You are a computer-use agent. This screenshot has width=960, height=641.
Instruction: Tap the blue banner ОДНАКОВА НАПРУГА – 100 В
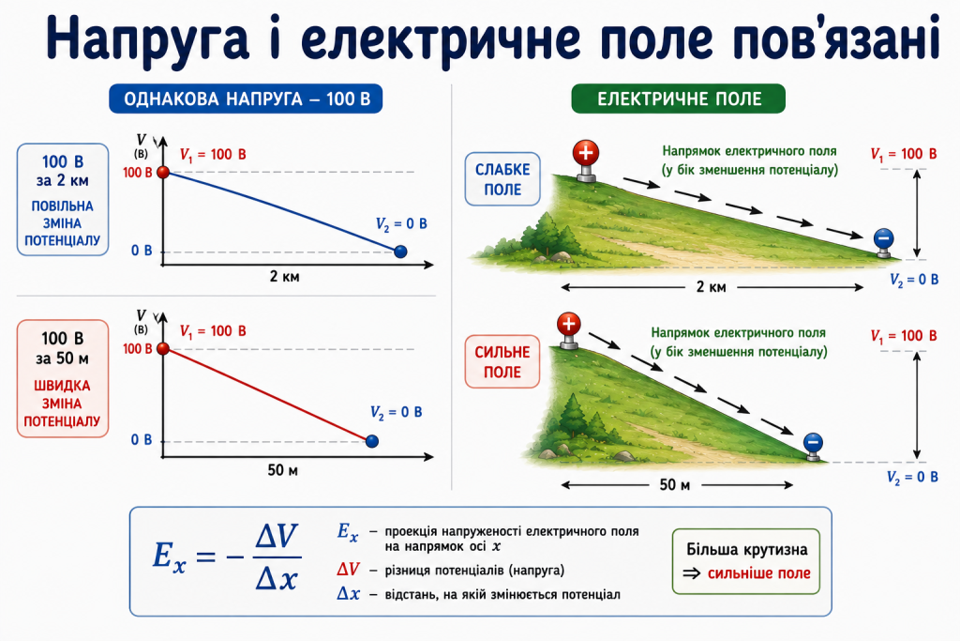click(x=246, y=99)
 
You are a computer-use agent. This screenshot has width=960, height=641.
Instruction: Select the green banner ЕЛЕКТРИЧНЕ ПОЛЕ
click(x=679, y=99)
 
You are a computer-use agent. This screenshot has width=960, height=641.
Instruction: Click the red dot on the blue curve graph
click(x=163, y=172)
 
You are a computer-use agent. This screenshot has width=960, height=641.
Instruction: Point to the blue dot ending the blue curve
click(x=400, y=252)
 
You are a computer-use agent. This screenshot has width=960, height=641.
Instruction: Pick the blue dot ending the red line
click(x=371, y=440)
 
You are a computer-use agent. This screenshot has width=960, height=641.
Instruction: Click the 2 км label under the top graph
click(x=285, y=276)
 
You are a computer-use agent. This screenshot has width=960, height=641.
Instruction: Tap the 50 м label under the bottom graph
click(x=282, y=470)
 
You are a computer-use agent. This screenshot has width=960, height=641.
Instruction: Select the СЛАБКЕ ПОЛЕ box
click(x=502, y=179)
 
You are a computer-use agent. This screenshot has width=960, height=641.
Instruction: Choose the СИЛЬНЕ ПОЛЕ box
click(x=502, y=361)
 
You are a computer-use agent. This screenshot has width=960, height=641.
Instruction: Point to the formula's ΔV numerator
click(x=277, y=537)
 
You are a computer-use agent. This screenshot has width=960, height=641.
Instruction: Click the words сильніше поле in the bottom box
click(x=759, y=573)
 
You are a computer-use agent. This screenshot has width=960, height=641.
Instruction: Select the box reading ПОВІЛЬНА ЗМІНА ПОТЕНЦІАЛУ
click(x=63, y=200)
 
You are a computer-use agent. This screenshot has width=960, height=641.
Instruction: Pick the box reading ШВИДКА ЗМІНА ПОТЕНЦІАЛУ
click(x=63, y=379)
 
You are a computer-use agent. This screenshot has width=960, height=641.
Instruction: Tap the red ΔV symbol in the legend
click(x=348, y=570)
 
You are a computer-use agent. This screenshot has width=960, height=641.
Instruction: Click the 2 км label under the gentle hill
click(x=711, y=287)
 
